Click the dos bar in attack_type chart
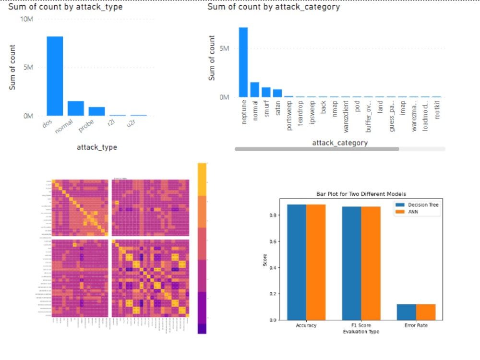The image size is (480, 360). click(x=55, y=76)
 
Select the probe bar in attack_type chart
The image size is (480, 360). click(x=96, y=111)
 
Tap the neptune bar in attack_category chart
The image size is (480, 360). click(x=243, y=62)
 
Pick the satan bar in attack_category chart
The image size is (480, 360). click(x=277, y=93)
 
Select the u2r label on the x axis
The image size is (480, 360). click(x=130, y=124)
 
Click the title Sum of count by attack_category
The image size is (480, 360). click(x=274, y=7)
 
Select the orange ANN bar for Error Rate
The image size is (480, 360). click(x=426, y=312)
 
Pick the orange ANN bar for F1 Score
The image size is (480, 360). click(x=371, y=263)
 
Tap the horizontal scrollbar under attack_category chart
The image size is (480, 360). click(x=317, y=149)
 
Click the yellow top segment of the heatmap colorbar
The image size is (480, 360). click(x=202, y=179)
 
